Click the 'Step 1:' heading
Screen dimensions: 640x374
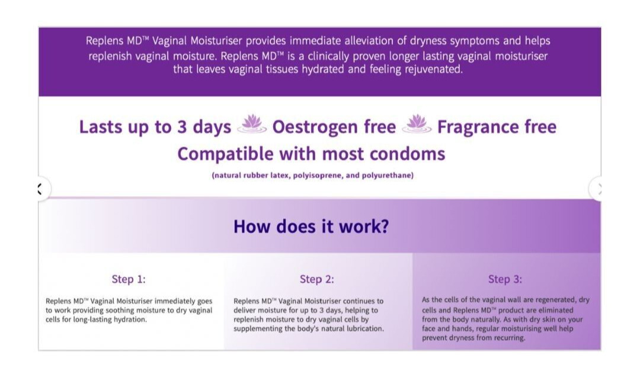(129, 279)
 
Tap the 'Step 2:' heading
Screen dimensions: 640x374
(316, 279)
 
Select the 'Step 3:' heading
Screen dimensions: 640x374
(505, 279)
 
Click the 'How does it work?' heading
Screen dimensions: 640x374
(311, 226)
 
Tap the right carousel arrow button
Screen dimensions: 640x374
(597, 188)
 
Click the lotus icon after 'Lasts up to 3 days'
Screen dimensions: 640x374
(252, 124)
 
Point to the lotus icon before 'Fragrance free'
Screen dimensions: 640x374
(417, 124)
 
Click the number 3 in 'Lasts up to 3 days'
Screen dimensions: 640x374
(182, 127)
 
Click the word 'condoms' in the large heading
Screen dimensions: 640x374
(407, 154)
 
